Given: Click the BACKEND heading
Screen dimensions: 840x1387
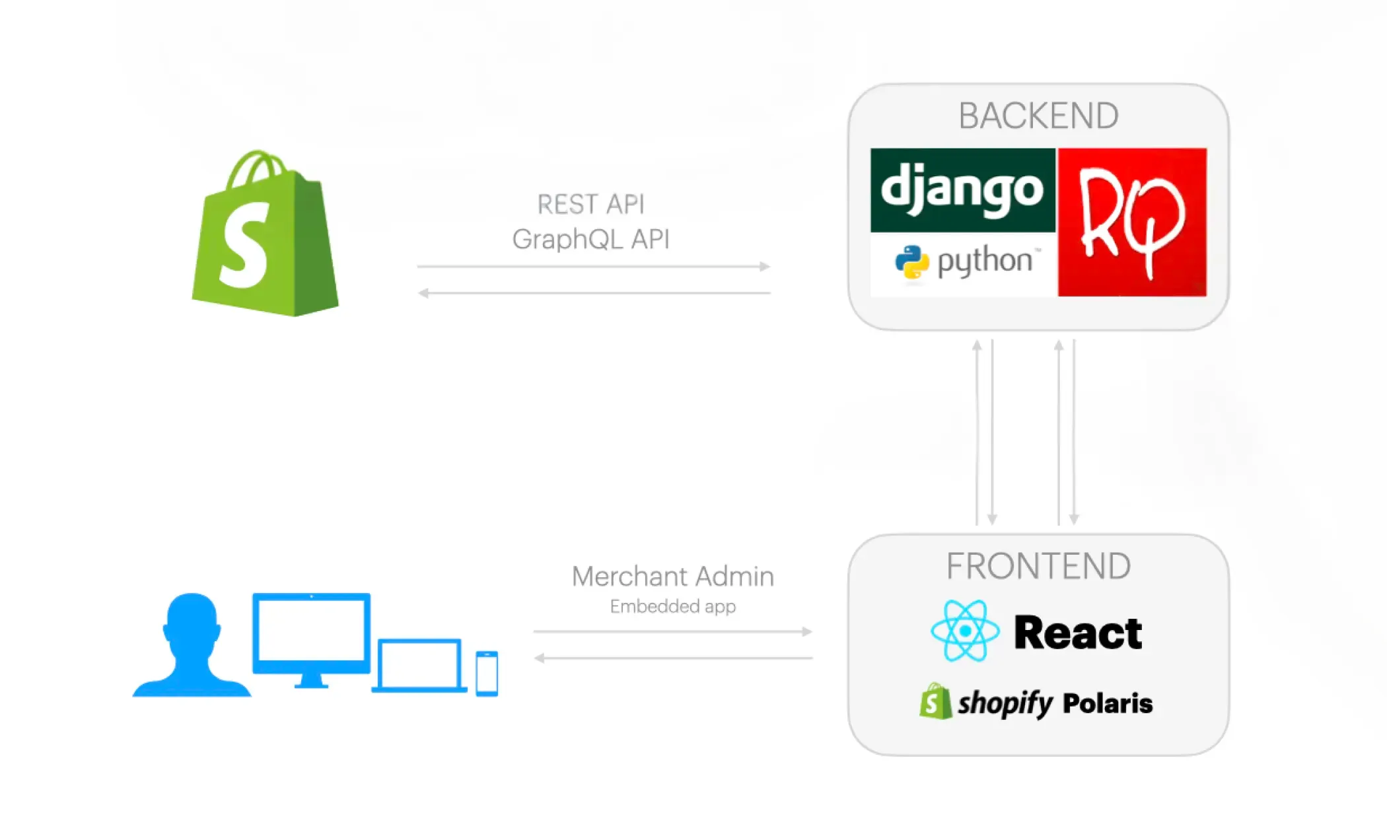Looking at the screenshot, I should (1038, 116).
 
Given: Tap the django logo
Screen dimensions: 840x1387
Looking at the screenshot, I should (962, 190).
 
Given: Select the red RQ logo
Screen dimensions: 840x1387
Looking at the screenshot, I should (1132, 222).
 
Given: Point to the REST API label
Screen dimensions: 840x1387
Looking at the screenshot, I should (590, 205).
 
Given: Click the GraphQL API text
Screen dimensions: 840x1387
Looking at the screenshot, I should (590, 239).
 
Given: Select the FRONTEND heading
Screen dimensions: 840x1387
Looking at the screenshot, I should (1038, 567).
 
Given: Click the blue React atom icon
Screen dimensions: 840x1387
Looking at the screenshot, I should (965, 631).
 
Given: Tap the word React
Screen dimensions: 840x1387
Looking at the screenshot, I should (1078, 633).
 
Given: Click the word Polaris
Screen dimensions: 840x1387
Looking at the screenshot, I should (1108, 703).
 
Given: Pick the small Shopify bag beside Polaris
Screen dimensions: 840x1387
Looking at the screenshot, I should (935, 702).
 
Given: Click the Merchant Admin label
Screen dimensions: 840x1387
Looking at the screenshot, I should (672, 577).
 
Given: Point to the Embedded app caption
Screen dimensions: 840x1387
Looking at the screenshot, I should (672, 606).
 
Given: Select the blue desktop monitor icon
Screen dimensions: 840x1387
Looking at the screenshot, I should (311, 637).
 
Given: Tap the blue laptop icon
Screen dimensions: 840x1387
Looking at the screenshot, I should (419, 665).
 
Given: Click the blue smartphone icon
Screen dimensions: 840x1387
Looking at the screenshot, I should (487, 673).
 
